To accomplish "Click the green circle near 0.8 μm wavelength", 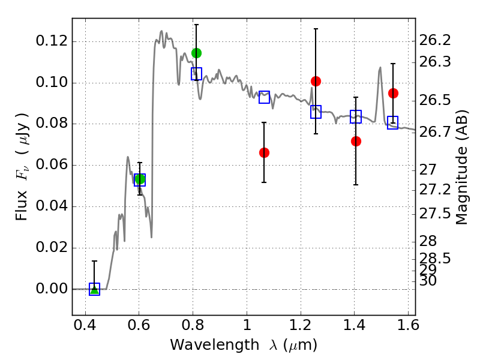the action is pos(196,53).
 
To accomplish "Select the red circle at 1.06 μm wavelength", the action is pos(264,152).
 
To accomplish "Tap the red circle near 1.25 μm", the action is pos(316,81).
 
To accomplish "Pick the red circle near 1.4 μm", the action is pos(356,141).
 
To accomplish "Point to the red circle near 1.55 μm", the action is pos(393,93).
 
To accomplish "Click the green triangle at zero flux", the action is pos(94,289).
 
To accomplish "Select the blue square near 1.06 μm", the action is pos(264,97).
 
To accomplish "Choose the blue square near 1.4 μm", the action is pos(356,116).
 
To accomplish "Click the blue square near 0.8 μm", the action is pos(196,74).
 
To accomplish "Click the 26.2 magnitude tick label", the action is pos(435,40).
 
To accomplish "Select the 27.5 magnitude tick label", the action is pos(435,214).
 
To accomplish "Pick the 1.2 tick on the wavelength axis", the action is pos(301,325).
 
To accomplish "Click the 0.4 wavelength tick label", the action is pos(85,325).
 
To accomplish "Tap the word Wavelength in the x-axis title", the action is pos(215,345).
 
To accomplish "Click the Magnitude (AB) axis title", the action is pos(461,167).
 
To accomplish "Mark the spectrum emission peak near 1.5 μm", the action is pos(380,68).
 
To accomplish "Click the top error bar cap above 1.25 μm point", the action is pos(316,29).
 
